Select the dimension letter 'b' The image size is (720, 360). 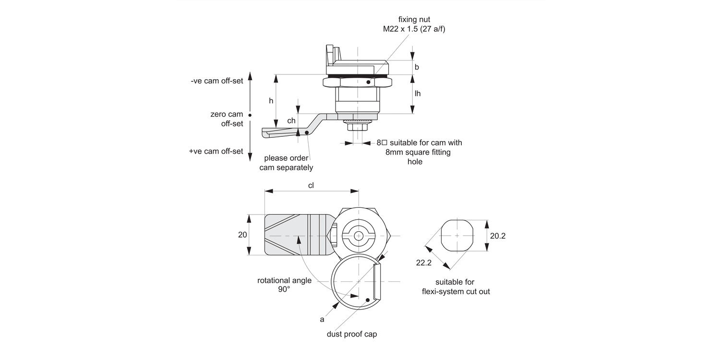(417, 67)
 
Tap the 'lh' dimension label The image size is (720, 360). (418, 94)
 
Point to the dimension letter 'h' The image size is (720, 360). (271, 101)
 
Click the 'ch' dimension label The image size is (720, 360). (291, 121)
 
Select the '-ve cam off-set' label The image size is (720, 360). (216, 81)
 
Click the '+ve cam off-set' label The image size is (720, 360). (216, 151)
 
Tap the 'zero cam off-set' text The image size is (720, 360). (226, 119)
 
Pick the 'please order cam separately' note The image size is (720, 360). (286, 163)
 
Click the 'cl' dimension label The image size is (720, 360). (311, 186)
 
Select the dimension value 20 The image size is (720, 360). (242, 235)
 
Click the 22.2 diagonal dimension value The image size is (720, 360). (424, 263)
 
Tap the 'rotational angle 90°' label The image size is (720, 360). (284, 285)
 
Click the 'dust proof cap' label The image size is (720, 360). (352, 334)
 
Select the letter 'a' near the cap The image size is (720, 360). (322, 319)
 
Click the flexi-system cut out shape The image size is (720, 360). (456, 235)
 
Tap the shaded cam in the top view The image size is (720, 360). (293, 235)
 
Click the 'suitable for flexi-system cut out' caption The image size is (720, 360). (456, 287)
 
